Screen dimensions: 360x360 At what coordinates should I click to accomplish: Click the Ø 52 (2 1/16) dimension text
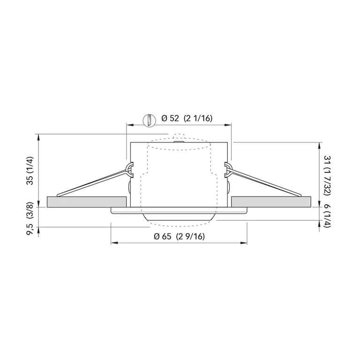click(x=187, y=119)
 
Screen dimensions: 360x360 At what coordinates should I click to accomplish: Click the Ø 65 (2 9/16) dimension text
click(x=179, y=237)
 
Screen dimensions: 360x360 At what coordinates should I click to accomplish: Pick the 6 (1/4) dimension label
click(x=329, y=217)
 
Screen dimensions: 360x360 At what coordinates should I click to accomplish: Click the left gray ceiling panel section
click(x=87, y=202)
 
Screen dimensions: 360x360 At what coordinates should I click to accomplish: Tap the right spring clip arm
click(x=265, y=182)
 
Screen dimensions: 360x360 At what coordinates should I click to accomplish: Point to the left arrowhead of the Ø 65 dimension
click(x=113, y=243)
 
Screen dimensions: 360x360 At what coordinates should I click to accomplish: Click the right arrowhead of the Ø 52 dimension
click(x=230, y=125)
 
